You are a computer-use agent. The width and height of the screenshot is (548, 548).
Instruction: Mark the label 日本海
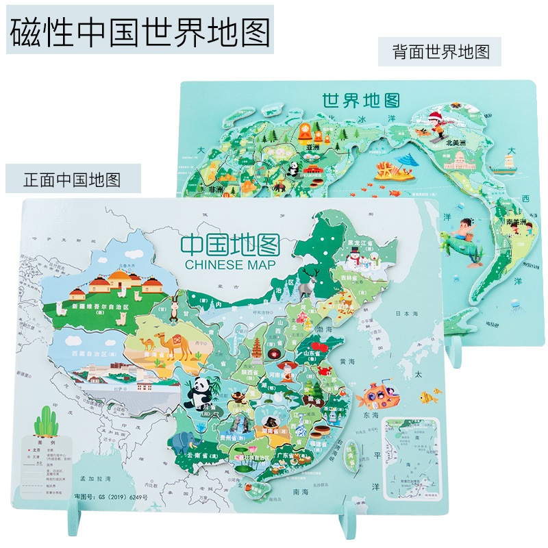pos(413,314)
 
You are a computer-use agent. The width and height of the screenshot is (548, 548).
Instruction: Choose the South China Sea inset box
pos(408,453)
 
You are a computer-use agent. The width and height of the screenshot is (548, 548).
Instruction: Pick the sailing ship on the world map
pos(508,160)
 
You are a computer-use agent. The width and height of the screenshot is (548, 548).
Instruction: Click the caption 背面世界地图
pos(440,52)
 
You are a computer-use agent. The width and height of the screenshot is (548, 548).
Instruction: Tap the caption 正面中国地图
pos(72,179)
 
